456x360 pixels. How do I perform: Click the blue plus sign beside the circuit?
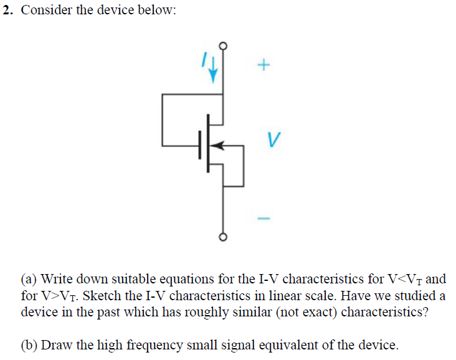264,64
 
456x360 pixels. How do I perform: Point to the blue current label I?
202,59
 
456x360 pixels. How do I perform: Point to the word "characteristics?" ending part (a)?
385,311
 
